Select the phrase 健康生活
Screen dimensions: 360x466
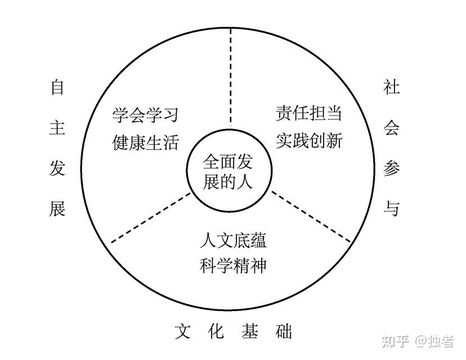click(145, 142)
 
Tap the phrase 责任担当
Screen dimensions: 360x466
click(308, 114)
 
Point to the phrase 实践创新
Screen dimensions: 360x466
click(308, 140)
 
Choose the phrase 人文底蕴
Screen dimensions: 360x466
click(232, 241)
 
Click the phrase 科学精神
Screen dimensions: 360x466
click(232, 265)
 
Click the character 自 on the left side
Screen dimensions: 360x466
click(57, 88)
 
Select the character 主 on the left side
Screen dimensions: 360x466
click(57, 128)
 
